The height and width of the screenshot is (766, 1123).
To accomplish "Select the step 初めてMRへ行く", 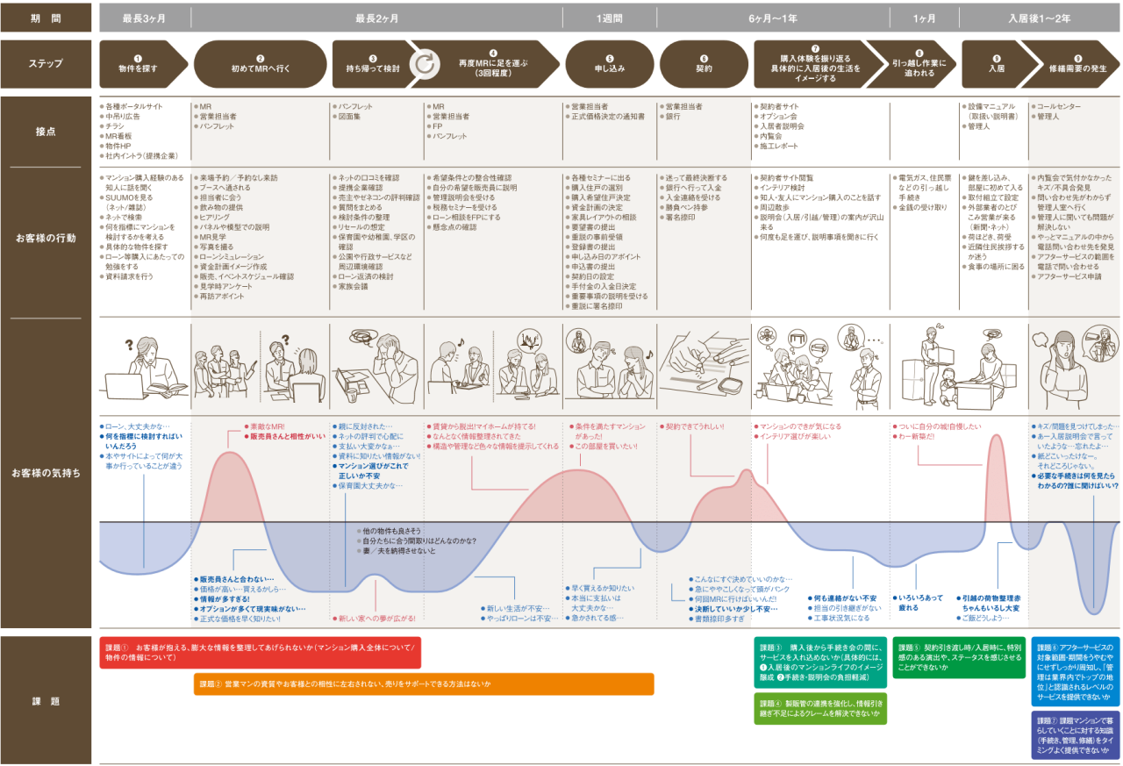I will click(259, 63).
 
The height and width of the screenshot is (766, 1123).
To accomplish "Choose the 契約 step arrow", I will click(703, 63).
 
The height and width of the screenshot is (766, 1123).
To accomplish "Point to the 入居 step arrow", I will click(996, 63).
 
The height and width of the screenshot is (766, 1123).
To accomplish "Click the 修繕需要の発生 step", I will click(1077, 63).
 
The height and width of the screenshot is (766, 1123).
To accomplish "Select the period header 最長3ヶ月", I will click(143, 18).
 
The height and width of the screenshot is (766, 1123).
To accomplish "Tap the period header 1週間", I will click(610, 18).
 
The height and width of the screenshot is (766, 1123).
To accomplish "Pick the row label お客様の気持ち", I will click(46, 473).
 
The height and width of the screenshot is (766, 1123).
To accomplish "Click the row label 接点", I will click(46, 132).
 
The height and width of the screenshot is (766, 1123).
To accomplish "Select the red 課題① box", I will click(260, 653).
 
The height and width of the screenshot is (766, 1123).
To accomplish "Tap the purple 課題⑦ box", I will click(1075, 734).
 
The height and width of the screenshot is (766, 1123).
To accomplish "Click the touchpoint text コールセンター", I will click(1062, 106).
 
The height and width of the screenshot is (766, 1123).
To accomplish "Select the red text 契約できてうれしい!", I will click(695, 426).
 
